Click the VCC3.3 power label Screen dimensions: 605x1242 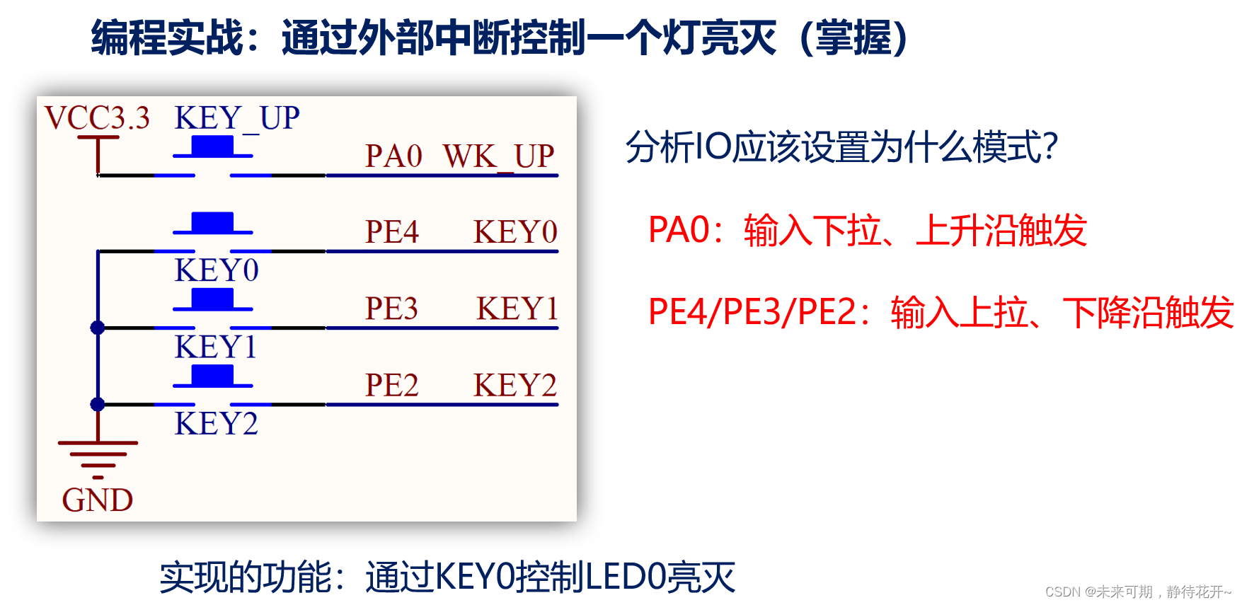pos(97,117)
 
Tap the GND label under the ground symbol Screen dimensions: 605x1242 pos(98,500)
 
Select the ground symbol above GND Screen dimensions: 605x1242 pos(98,456)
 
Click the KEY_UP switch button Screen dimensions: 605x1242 pos(212,147)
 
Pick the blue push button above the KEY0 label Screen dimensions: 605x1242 pos(212,223)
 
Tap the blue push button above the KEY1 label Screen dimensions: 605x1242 pos(212,299)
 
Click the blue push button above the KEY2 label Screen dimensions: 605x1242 pos(212,376)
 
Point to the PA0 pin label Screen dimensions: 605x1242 pos(393,156)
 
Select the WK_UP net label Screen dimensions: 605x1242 pos(498,156)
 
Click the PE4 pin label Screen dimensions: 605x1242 pos(391,231)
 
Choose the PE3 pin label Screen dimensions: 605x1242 pos(391,308)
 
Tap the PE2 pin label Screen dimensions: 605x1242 pos(391,385)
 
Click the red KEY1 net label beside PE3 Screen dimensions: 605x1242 pos(517,308)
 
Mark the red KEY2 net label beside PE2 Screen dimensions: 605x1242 pos(515,385)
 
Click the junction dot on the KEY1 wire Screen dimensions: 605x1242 pos(98,328)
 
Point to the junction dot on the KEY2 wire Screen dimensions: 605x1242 pos(98,404)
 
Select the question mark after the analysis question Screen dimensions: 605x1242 pos(1051,147)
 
